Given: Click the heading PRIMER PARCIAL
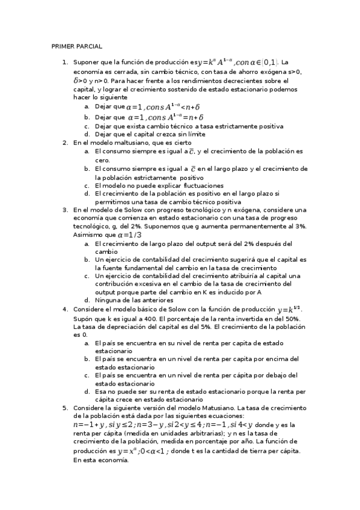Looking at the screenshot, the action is click(77, 46).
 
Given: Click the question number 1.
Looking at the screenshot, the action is click(64, 63).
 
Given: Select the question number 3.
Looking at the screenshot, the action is click(64, 210).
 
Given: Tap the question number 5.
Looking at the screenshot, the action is click(64, 408).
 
